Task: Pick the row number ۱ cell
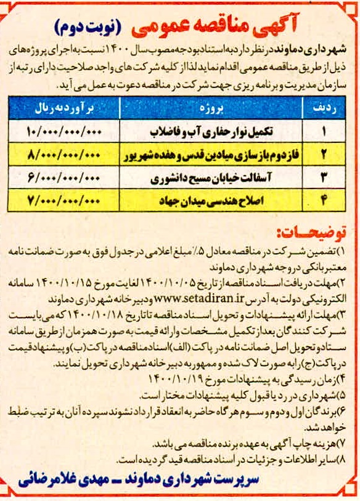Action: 323,132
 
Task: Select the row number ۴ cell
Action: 323,200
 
